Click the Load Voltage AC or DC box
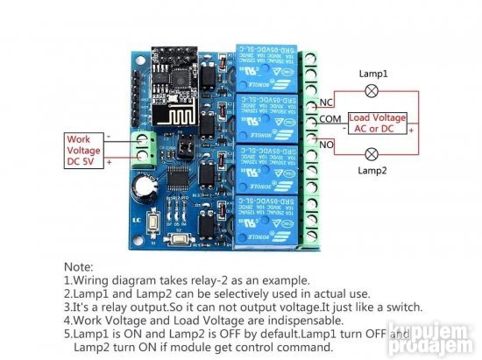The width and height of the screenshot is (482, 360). coord(378,123)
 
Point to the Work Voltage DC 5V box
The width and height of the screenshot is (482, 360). coord(85,150)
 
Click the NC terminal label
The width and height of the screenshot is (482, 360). coord(325,104)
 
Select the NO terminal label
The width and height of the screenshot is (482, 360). coord(325,142)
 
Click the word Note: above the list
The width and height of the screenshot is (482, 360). coord(79,265)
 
